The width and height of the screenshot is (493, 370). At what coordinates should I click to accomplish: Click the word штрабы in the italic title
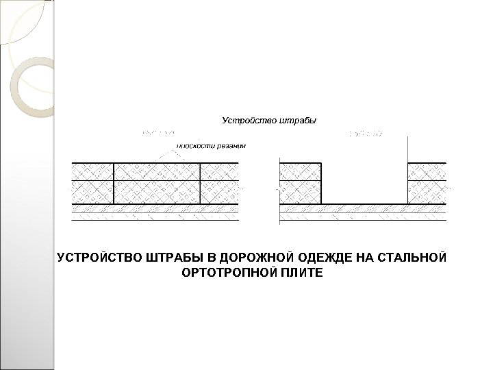[x=299, y=121]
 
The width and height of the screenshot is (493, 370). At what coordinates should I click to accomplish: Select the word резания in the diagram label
[x=231, y=145]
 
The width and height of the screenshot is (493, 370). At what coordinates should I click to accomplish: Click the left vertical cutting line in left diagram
[x=114, y=183]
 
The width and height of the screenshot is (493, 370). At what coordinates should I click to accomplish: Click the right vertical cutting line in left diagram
[x=200, y=183]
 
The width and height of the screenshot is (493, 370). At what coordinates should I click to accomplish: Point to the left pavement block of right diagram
[x=301, y=183]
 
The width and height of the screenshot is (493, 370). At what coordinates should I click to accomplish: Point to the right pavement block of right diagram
[x=427, y=183]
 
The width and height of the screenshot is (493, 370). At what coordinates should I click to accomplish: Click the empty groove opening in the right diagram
[x=364, y=182]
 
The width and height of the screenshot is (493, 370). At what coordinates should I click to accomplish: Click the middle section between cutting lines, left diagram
[x=157, y=183]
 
